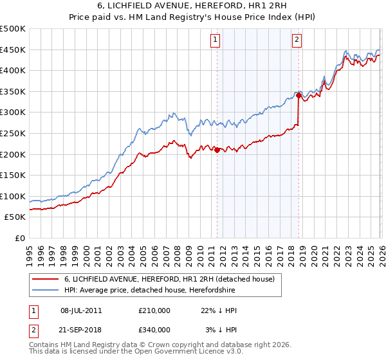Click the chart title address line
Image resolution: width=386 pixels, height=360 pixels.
coord(193,6)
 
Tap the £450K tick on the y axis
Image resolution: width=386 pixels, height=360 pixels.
coord(13,50)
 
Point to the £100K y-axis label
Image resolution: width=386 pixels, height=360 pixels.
coord(13,196)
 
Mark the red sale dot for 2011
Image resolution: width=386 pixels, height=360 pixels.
coord(217,150)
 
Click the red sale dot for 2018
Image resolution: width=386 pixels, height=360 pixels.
coord(299,96)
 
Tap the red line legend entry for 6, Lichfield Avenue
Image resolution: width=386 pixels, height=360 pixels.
coord(169,279)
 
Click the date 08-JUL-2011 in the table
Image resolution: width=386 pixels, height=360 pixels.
coord(81,310)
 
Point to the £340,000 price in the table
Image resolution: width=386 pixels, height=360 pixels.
coord(154,330)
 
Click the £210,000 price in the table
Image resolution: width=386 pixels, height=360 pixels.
coord(154,310)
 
